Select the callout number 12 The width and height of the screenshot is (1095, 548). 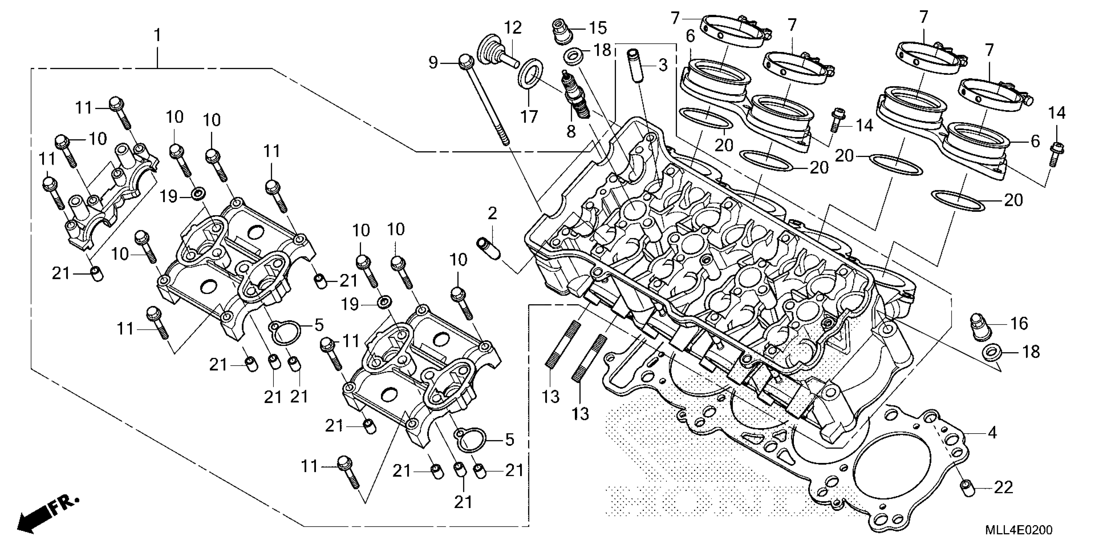click(513, 28)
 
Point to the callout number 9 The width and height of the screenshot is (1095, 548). click(433, 63)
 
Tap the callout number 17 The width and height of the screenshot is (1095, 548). click(529, 116)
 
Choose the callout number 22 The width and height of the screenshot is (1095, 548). click(1003, 488)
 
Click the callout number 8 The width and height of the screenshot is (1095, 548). click(571, 132)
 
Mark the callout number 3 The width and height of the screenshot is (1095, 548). click(663, 65)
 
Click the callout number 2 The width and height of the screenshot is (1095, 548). click(492, 214)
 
